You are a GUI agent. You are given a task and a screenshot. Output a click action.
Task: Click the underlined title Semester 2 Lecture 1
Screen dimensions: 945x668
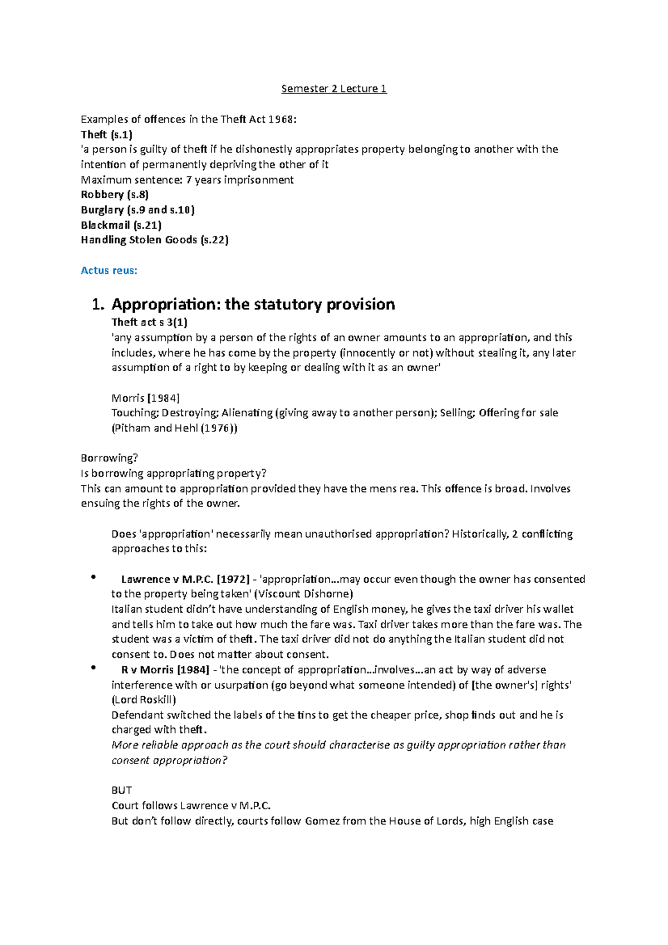(333, 88)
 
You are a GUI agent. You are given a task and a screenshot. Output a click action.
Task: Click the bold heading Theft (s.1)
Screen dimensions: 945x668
(106, 134)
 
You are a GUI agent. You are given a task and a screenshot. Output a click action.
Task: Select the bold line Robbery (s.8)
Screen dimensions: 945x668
(115, 194)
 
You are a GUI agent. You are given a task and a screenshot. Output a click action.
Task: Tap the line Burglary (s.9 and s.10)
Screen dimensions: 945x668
(137, 210)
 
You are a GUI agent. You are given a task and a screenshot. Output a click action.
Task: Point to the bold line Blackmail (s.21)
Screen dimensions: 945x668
(121, 225)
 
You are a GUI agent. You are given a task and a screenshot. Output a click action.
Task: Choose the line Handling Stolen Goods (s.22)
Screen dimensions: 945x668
(155, 240)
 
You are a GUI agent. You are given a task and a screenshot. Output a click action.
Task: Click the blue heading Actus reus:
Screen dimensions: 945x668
(109, 270)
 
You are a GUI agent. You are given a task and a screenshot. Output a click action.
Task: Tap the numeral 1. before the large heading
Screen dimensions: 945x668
(97, 304)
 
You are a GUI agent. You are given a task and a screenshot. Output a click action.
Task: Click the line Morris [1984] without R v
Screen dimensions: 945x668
(145, 398)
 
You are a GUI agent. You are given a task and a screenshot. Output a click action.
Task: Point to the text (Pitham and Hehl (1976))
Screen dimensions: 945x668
(174, 428)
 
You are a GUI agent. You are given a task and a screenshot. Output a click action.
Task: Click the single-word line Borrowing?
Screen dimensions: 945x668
(109, 458)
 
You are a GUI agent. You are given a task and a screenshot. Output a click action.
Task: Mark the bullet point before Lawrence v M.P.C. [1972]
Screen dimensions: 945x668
(94, 577)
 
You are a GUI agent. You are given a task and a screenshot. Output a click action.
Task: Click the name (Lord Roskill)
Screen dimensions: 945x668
(144, 700)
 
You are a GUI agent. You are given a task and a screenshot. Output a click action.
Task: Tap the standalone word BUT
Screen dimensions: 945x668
(121, 790)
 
